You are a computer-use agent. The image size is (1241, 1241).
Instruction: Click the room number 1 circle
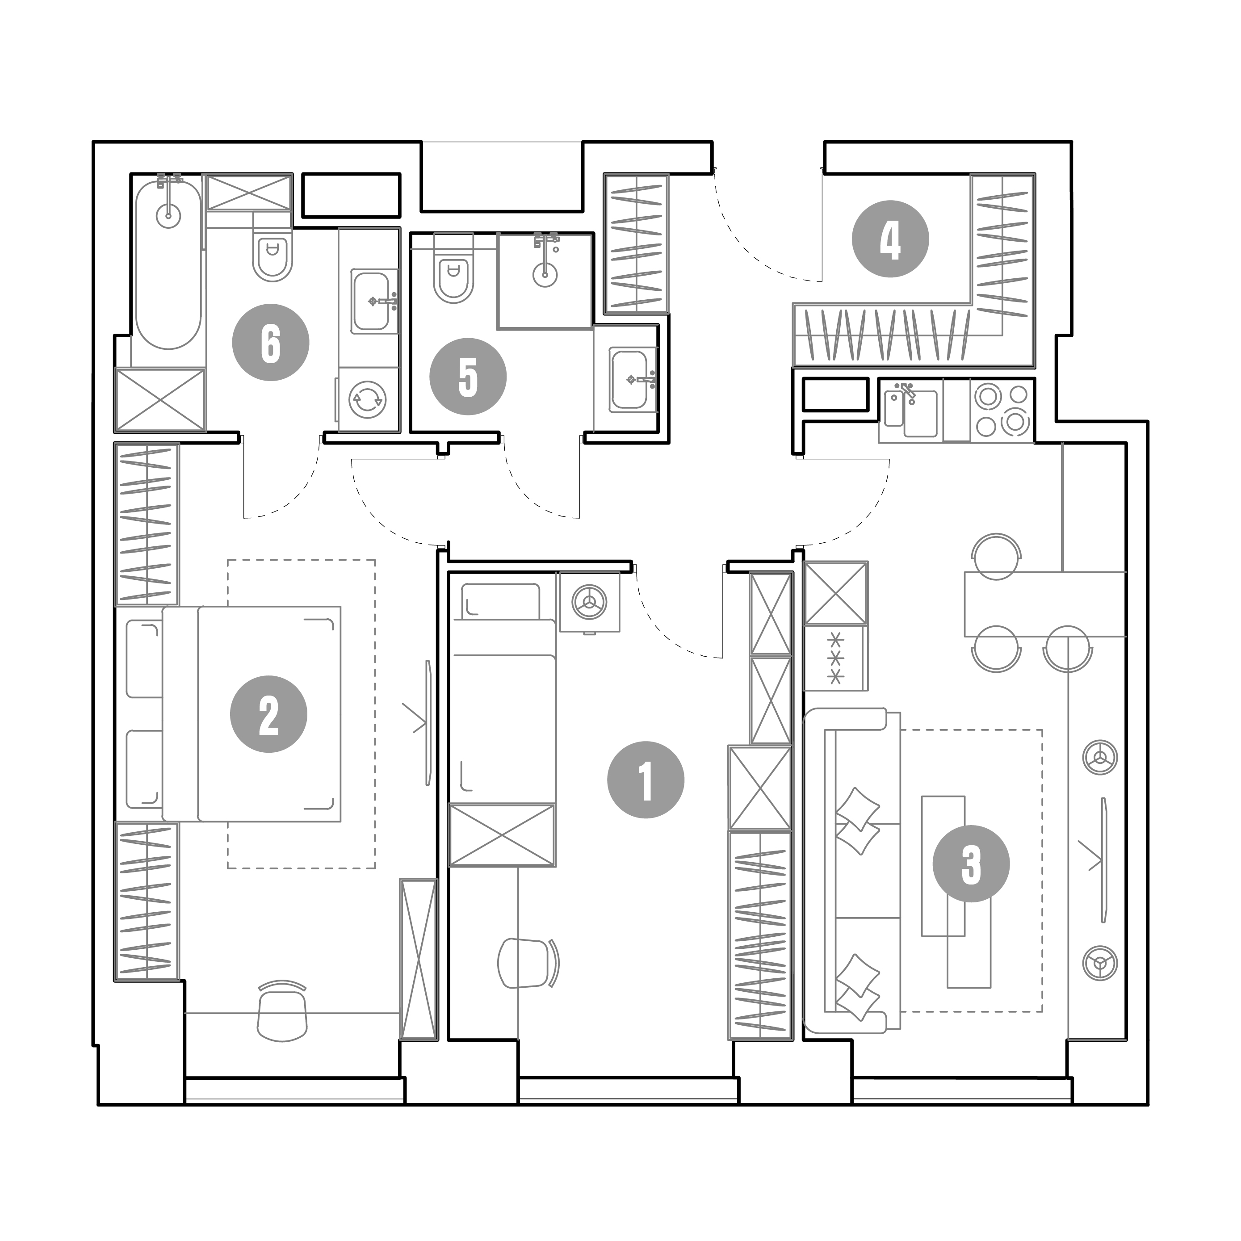click(x=646, y=780)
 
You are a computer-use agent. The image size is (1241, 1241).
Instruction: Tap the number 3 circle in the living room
click(x=971, y=864)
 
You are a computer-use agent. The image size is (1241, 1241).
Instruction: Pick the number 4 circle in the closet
click(x=890, y=239)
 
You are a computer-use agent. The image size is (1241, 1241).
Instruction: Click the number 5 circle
click(x=468, y=377)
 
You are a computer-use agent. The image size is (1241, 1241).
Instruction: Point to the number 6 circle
click(x=270, y=342)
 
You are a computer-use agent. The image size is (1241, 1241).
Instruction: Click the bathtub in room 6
click(x=168, y=264)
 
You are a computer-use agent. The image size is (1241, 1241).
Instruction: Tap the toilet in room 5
click(x=453, y=270)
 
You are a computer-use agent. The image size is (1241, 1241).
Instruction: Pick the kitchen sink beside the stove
click(x=911, y=411)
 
